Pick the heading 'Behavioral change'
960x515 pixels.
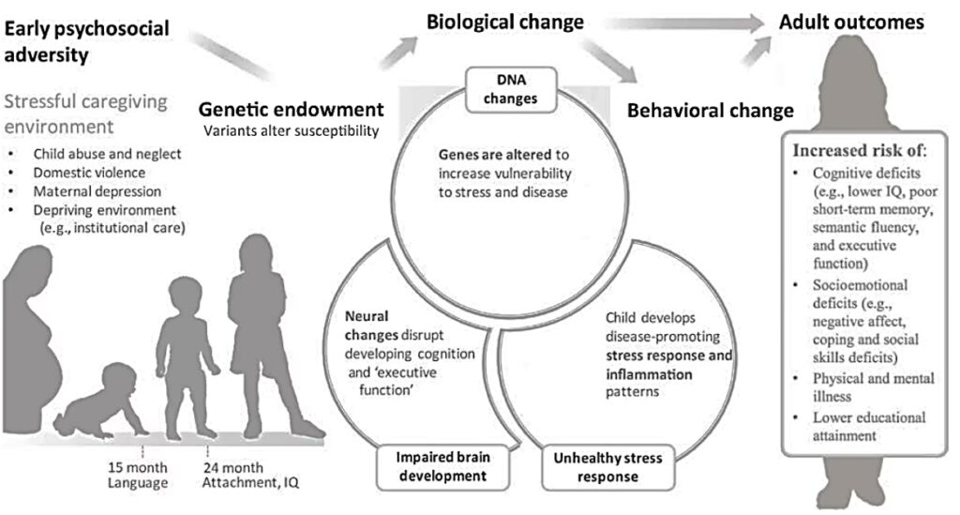(x=710, y=111)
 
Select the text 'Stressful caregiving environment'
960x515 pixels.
(x=88, y=113)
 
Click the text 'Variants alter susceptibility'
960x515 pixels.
(x=292, y=129)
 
